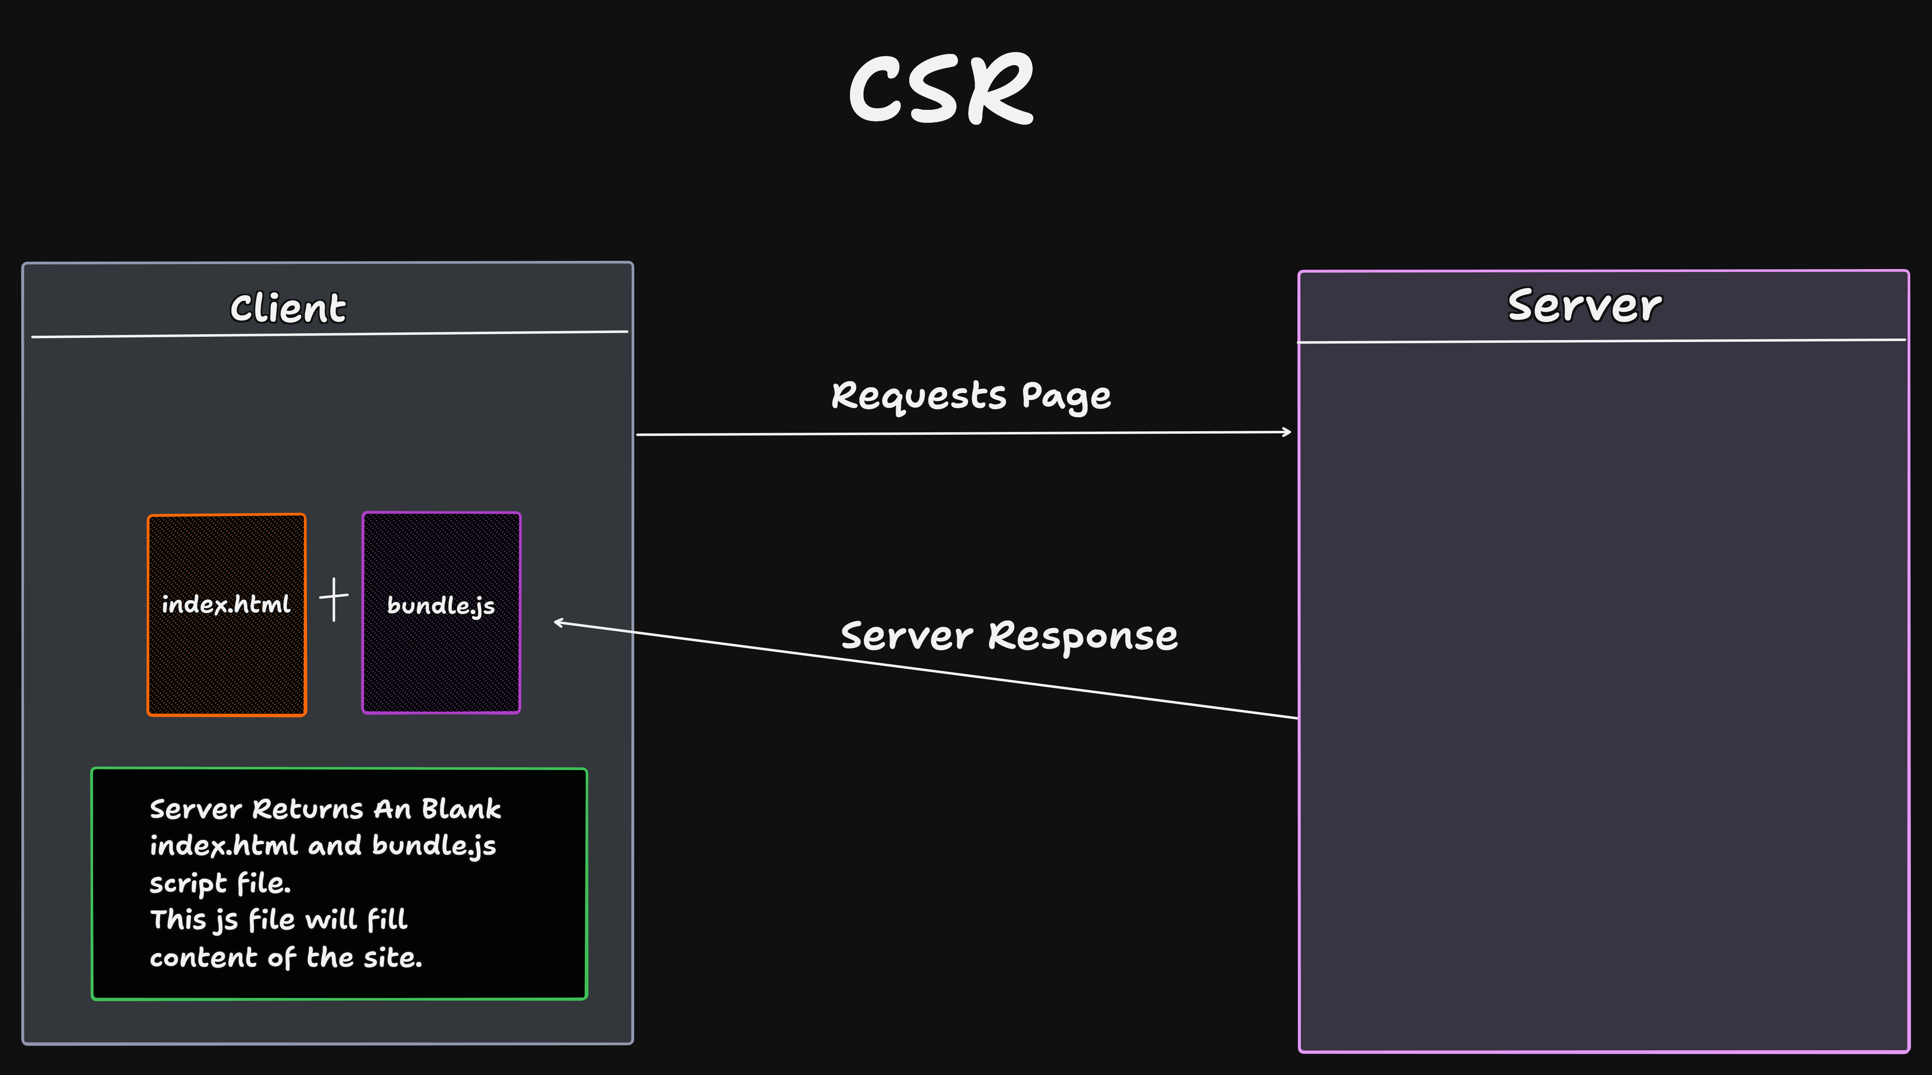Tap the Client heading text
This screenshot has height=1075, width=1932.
[288, 308]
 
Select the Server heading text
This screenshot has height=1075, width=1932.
[1584, 306]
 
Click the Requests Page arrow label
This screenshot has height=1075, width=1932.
[970, 396]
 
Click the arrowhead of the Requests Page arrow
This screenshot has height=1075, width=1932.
[1287, 432]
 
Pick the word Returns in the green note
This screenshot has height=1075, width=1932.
[308, 809]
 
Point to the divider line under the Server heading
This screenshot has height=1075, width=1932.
[1601, 341]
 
